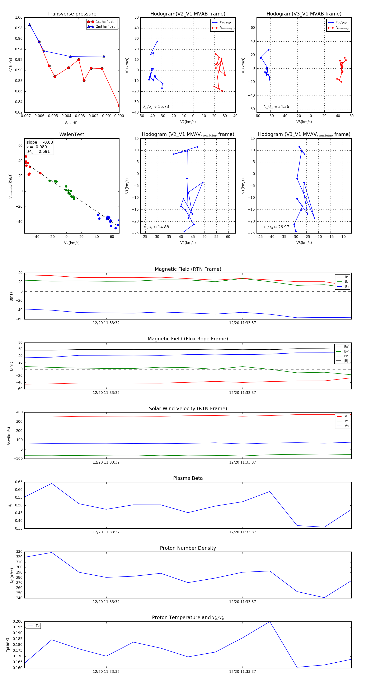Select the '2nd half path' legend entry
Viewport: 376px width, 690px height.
(106, 27)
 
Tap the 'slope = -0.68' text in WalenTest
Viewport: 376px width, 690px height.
(40, 142)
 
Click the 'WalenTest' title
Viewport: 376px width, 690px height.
(72, 134)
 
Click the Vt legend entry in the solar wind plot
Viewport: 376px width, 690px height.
(346, 421)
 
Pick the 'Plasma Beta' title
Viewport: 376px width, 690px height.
(188, 478)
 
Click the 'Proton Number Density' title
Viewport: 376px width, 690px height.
(188, 548)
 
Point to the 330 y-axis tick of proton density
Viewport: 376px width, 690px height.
(19, 552)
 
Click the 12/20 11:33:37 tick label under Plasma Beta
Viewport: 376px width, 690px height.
(243, 532)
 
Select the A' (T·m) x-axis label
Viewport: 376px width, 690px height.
(72, 122)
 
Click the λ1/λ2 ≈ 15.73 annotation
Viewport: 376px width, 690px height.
(156, 107)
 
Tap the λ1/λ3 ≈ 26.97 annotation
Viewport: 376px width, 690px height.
(276, 227)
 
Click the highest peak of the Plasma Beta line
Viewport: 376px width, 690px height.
(52, 483)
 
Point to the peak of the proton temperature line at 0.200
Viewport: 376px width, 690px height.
(269, 621)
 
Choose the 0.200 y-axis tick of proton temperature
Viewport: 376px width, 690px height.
(18, 621)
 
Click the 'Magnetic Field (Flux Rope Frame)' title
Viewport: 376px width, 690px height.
(188, 339)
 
